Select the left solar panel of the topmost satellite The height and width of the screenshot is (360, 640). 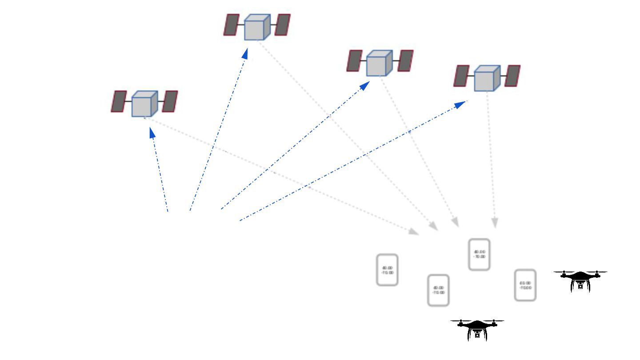[x=231, y=25]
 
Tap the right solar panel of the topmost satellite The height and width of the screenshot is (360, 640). [x=283, y=25]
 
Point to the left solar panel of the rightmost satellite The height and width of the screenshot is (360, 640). [x=461, y=76]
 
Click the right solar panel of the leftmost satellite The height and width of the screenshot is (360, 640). [x=170, y=101]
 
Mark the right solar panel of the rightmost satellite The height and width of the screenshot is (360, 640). [x=512, y=76]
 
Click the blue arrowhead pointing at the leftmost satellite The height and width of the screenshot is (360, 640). [x=152, y=133]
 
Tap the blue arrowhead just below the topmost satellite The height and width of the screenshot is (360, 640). [x=244, y=54]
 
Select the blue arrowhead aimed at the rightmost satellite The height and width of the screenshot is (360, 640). [x=460, y=105]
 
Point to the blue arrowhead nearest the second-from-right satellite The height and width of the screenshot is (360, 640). [x=364, y=86]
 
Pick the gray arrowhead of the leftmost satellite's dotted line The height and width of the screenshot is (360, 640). [x=413, y=232]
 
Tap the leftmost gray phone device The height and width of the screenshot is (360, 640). [x=387, y=270]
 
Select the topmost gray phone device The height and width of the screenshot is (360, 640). [x=479, y=255]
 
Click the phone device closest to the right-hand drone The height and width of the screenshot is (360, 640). [x=525, y=285]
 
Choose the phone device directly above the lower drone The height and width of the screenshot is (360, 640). [x=438, y=290]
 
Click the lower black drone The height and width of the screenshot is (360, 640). [x=477, y=329]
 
